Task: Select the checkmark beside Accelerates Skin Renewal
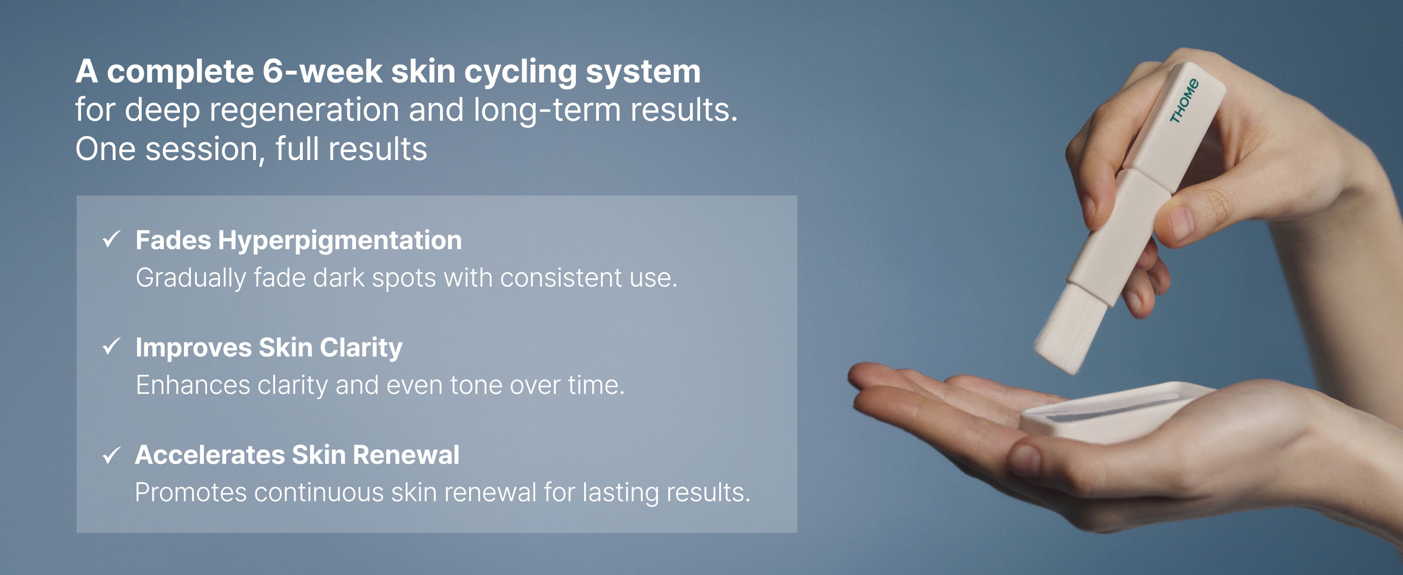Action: pyautogui.click(x=111, y=454)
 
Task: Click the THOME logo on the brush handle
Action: pyautogui.click(x=1184, y=101)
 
